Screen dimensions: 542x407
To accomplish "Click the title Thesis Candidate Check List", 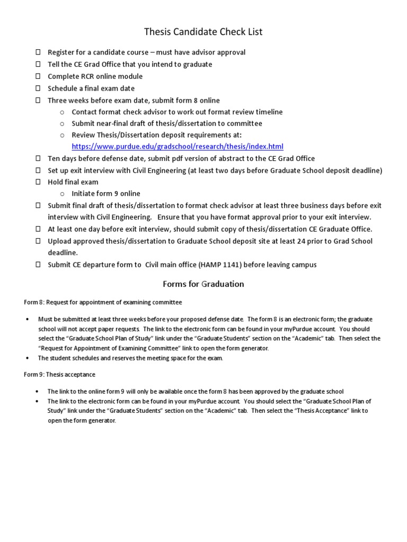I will (x=203, y=32).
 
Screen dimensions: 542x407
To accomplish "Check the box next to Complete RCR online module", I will (x=38, y=76).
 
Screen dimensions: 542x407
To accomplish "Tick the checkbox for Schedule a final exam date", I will (x=38, y=88).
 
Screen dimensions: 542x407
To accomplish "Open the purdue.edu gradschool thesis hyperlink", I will (x=178, y=147).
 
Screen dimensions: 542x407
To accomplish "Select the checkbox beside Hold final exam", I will (x=38, y=182).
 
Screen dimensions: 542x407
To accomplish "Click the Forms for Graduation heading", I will (x=203, y=284).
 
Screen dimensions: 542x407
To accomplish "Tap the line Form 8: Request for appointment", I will (x=103, y=302).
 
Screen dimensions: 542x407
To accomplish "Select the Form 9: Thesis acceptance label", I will (x=59, y=374).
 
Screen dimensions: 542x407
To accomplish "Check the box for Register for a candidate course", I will (x=38, y=52).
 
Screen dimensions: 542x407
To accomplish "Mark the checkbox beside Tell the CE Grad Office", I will (x=38, y=64).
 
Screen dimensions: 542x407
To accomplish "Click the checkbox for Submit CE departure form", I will (x=38, y=265).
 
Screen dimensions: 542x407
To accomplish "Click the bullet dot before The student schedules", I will (x=27, y=358).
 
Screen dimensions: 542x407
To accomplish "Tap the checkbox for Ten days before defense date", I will (x=38, y=158).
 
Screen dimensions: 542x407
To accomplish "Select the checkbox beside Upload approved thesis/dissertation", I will (x=38, y=241).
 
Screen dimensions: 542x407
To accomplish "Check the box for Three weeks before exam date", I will (x=38, y=100).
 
